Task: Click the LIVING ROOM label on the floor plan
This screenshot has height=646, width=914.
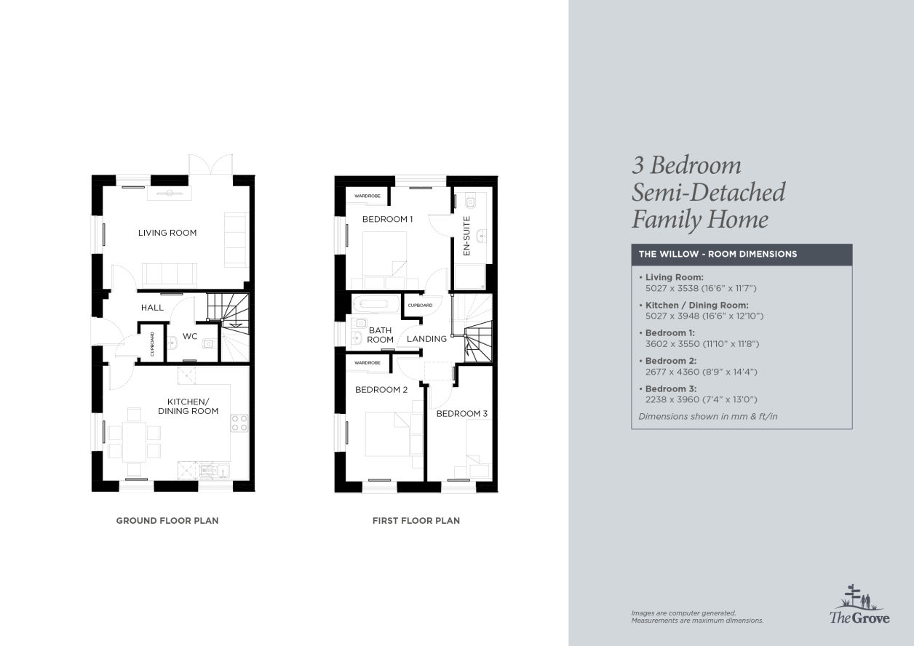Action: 167,233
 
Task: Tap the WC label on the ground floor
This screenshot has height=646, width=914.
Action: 190,336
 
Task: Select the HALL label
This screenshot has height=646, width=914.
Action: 152,308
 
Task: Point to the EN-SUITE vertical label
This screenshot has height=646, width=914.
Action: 466,236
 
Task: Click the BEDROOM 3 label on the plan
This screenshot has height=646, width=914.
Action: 462,413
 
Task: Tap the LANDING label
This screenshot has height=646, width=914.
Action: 427,339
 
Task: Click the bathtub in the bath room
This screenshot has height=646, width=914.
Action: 376,304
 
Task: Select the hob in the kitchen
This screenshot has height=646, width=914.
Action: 239,423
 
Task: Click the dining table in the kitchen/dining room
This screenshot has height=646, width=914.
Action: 134,442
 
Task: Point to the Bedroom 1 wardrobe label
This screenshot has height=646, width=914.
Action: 367,196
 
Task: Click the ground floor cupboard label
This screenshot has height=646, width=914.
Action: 152,344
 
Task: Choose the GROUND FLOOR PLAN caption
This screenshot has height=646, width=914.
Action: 167,521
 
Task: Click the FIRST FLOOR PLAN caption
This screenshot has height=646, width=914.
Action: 416,521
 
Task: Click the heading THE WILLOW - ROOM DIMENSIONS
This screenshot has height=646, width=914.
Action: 718,254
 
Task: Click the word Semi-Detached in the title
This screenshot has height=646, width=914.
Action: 708,192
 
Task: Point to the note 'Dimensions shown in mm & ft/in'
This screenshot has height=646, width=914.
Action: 708,416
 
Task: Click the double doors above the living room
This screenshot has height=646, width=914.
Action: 210,164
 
